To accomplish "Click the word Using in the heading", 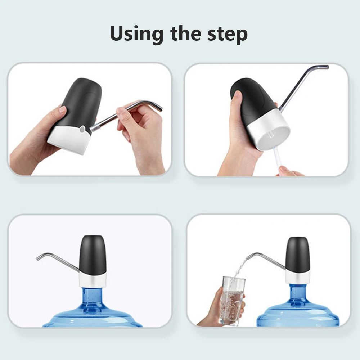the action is click(136, 34).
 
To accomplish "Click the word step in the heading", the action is click(227, 34).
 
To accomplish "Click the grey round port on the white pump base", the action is click(82, 129).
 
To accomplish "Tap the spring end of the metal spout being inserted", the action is click(94, 128).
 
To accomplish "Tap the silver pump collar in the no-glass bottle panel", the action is click(93, 280).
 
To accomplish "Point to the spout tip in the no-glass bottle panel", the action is click(38, 258).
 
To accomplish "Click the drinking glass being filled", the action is click(232, 300).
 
